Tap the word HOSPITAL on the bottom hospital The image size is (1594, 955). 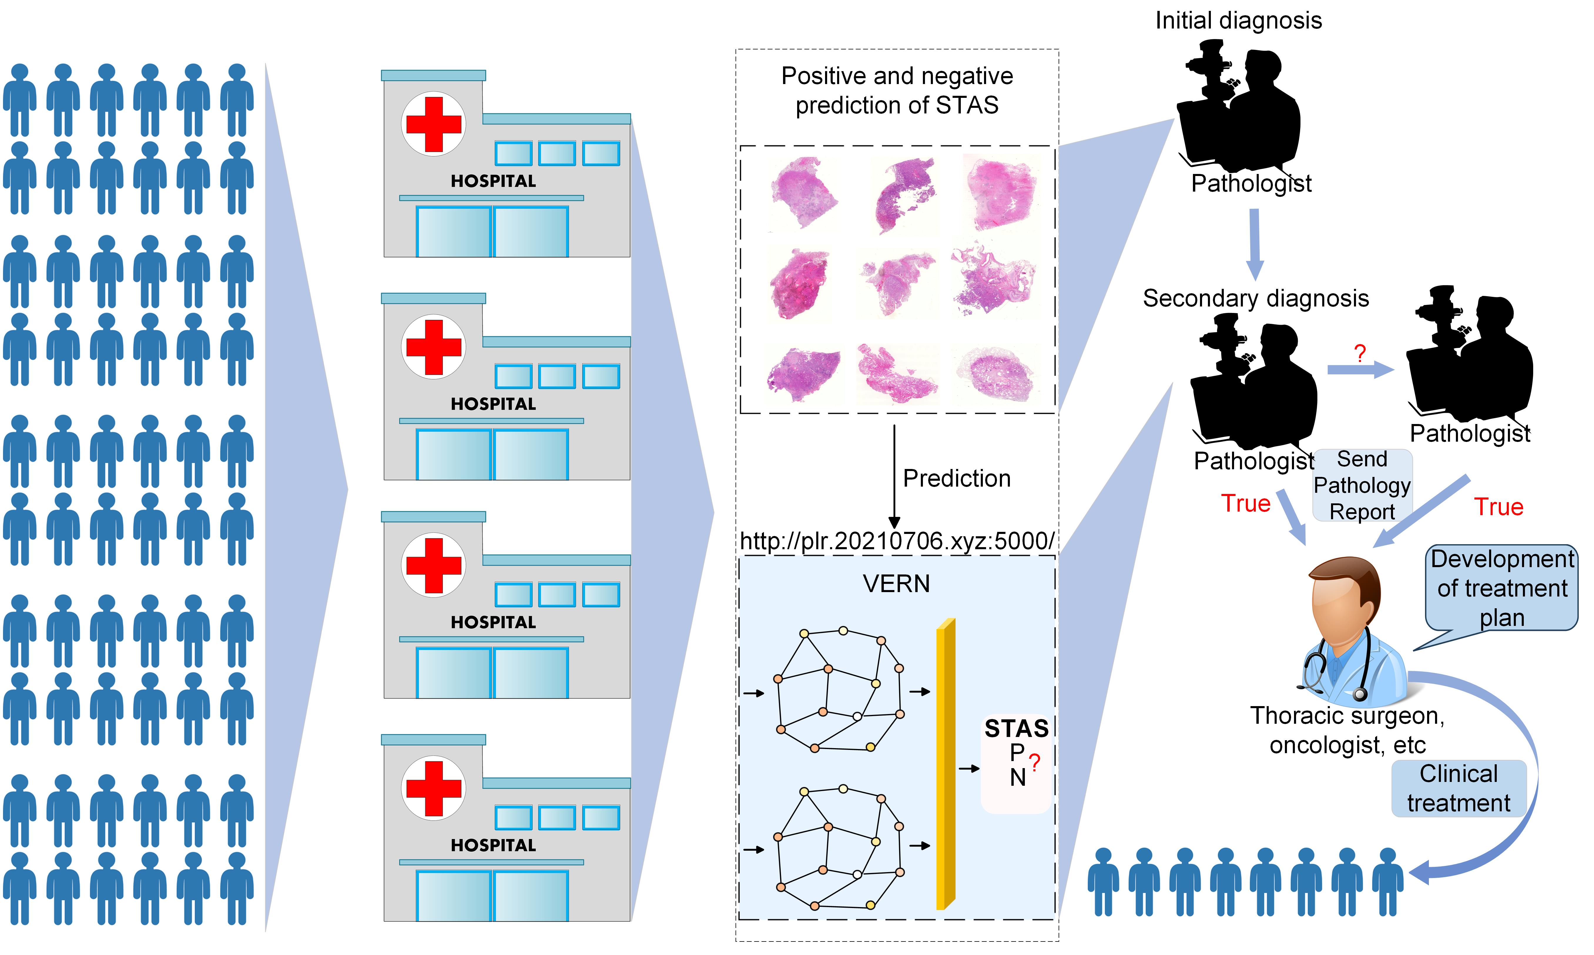(x=493, y=845)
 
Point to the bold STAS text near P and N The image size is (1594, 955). (x=1016, y=728)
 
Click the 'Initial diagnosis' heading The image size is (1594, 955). (x=1238, y=21)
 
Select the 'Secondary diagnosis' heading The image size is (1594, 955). (x=1256, y=299)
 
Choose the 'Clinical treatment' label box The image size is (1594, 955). (x=1458, y=788)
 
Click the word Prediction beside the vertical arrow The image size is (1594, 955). (x=956, y=478)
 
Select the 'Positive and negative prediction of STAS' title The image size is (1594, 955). (x=897, y=90)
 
